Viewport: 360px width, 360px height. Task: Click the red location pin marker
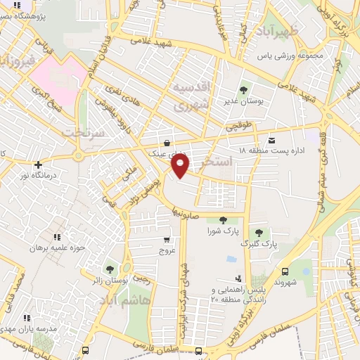point(181,167)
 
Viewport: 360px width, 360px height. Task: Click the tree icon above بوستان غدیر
point(244,90)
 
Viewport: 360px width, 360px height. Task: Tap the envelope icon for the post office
point(272,139)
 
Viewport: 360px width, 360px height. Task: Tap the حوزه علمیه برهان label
point(57,248)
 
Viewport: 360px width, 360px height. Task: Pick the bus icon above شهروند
point(285,271)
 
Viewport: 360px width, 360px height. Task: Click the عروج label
point(166,250)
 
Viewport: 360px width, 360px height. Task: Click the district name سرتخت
point(82,132)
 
